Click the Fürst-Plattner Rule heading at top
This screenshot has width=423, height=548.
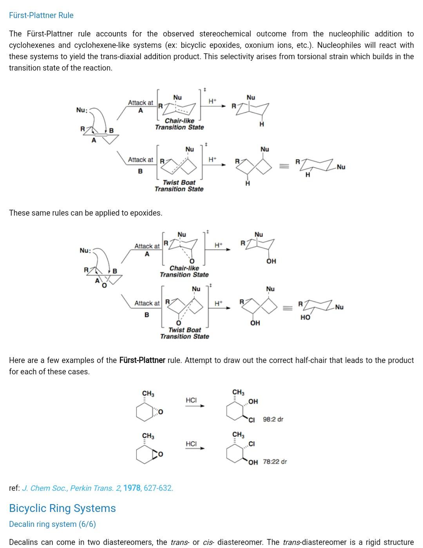point(41,15)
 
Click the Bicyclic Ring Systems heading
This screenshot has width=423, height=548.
point(62,508)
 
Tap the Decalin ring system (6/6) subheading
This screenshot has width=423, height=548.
point(52,524)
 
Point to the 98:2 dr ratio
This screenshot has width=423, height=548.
point(273,419)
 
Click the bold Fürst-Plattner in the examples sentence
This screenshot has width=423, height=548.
point(142,360)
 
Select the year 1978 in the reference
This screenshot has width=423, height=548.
point(132,488)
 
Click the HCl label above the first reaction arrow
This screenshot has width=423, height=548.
point(191,400)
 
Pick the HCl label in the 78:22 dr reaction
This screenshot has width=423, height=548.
point(191,444)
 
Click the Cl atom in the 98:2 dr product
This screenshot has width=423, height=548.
point(252,420)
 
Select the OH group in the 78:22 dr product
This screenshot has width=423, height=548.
point(253,462)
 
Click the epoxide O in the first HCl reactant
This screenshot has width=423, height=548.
point(161,412)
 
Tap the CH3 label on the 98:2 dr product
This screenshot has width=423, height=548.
point(238,392)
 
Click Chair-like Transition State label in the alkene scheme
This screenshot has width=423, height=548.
point(179,124)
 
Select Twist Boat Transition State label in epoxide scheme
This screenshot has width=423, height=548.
point(184,333)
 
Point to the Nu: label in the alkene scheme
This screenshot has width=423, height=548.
point(81,110)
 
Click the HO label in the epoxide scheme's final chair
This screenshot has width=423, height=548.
point(305,318)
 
